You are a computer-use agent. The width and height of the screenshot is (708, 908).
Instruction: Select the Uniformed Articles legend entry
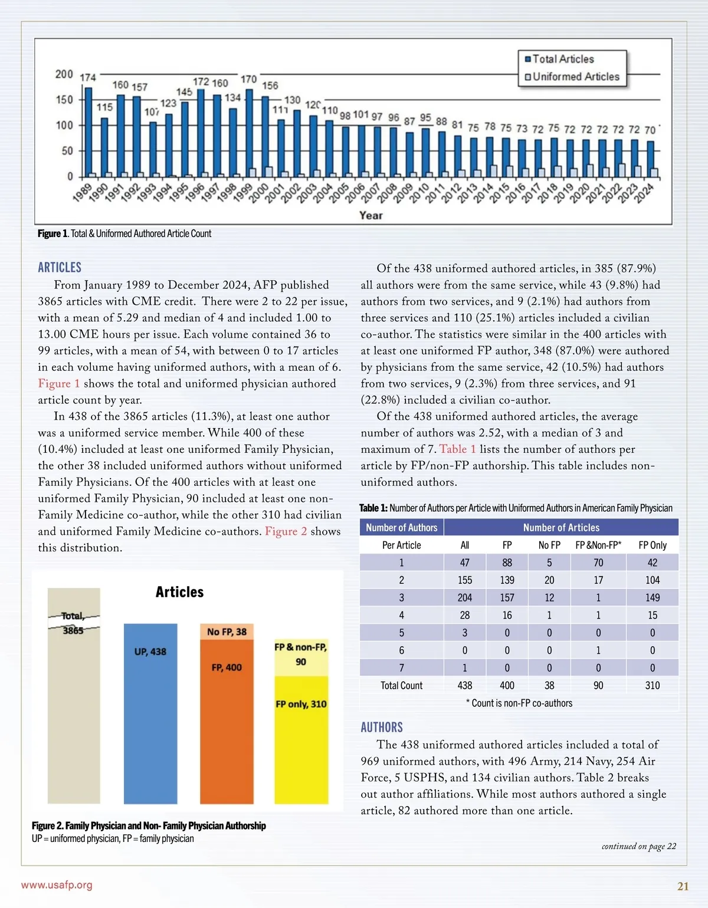575,77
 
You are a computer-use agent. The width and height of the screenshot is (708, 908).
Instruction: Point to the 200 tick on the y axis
64,74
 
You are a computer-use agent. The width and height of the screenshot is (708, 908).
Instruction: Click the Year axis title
371,215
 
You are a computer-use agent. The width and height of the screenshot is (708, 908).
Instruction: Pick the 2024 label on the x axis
644,193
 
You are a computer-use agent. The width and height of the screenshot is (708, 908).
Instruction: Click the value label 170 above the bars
248,79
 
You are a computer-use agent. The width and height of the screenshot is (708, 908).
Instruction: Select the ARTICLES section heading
60,268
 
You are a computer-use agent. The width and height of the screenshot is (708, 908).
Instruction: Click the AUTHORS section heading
382,727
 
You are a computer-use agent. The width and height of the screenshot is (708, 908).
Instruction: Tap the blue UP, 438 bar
150,713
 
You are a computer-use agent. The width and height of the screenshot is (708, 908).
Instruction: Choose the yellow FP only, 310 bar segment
301,740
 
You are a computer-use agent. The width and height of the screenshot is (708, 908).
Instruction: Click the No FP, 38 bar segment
227,631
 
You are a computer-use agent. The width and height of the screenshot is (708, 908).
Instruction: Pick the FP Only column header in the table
652,545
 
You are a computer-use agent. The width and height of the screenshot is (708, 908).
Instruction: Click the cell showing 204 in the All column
464,598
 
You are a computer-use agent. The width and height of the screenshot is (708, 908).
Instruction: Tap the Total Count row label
401,686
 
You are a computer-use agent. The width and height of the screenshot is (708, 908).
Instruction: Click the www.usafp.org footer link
57,885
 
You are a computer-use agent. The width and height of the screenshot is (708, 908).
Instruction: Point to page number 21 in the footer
683,886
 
